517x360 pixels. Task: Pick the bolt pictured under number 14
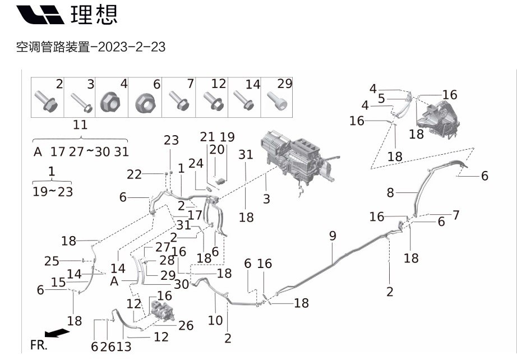[x=244, y=102]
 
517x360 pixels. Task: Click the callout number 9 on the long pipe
[x=333, y=236]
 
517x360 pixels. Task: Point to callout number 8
[x=390, y=193]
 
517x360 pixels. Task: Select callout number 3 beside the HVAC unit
[x=266, y=199]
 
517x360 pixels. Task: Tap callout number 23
[x=171, y=140]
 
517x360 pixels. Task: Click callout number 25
[x=52, y=261]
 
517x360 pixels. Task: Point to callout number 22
[x=134, y=174]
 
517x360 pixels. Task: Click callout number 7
[x=456, y=214]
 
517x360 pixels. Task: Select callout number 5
[x=381, y=99]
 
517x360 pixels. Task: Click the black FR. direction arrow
[x=57, y=333]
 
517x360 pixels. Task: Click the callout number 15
[x=59, y=283]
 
